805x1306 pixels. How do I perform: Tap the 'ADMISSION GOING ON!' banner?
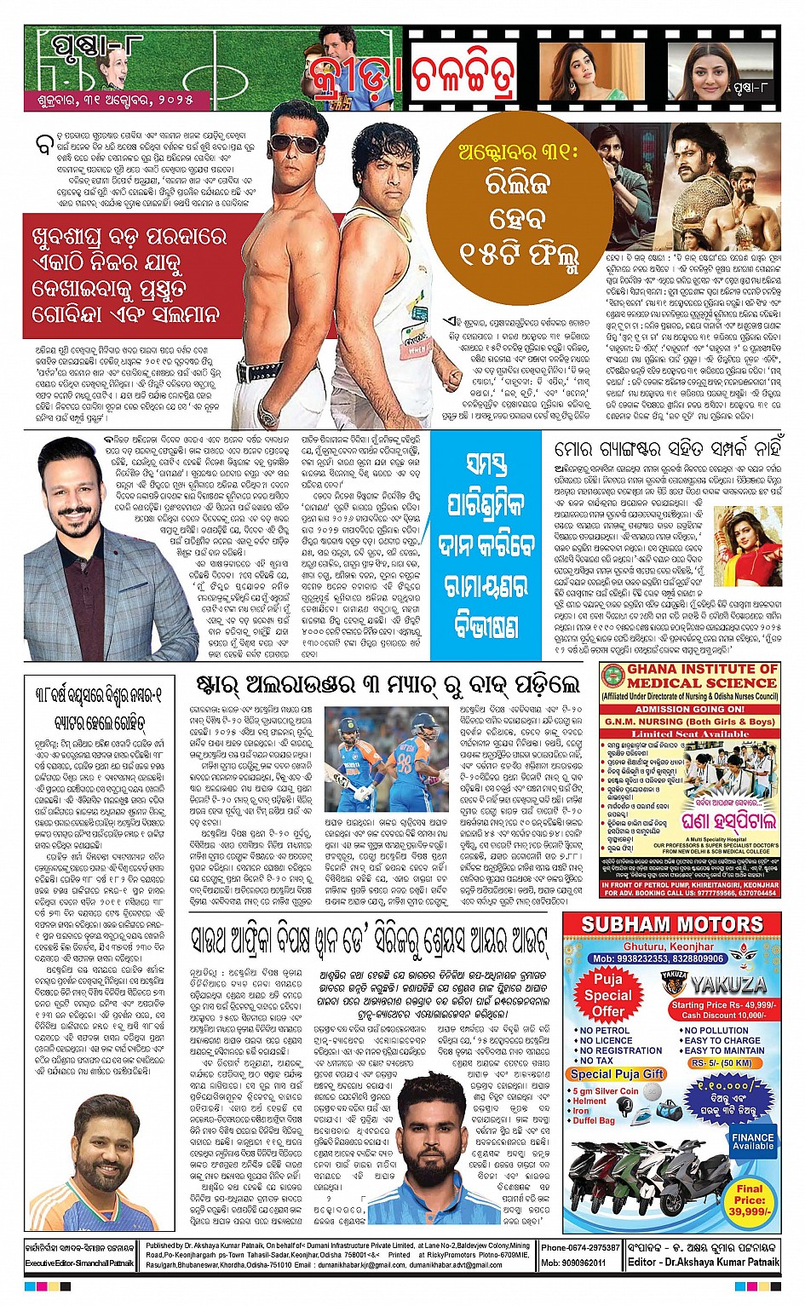[690, 709]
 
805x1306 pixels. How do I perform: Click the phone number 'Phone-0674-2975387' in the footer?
[581, 1247]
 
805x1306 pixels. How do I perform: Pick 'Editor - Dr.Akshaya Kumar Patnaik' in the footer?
[704, 1262]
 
